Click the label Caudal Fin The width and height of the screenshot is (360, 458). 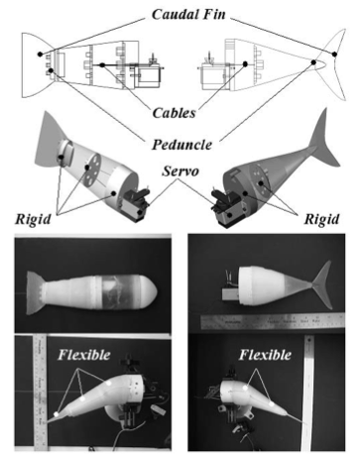(x=188, y=15)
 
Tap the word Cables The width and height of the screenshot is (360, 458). (x=175, y=113)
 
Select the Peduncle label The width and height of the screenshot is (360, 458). (x=181, y=145)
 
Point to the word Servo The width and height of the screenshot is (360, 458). (x=180, y=172)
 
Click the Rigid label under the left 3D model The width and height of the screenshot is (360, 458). (x=33, y=219)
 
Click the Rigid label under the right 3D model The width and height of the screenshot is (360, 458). (x=321, y=219)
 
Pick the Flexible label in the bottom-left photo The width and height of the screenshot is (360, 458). (x=84, y=355)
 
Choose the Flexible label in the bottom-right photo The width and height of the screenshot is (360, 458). (x=265, y=355)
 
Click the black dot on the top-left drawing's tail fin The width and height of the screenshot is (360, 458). (x=40, y=54)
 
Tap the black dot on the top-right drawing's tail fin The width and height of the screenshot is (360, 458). (x=334, y=54)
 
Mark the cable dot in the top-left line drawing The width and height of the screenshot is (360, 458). (x=102, y=65)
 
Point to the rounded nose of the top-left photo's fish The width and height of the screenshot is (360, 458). (x=151, y=292)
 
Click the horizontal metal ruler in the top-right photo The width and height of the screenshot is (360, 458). (x=273, y=320)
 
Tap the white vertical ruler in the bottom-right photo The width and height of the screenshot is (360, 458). (x=307, y=394)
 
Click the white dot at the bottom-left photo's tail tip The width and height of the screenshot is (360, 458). (x=57, y=414)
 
